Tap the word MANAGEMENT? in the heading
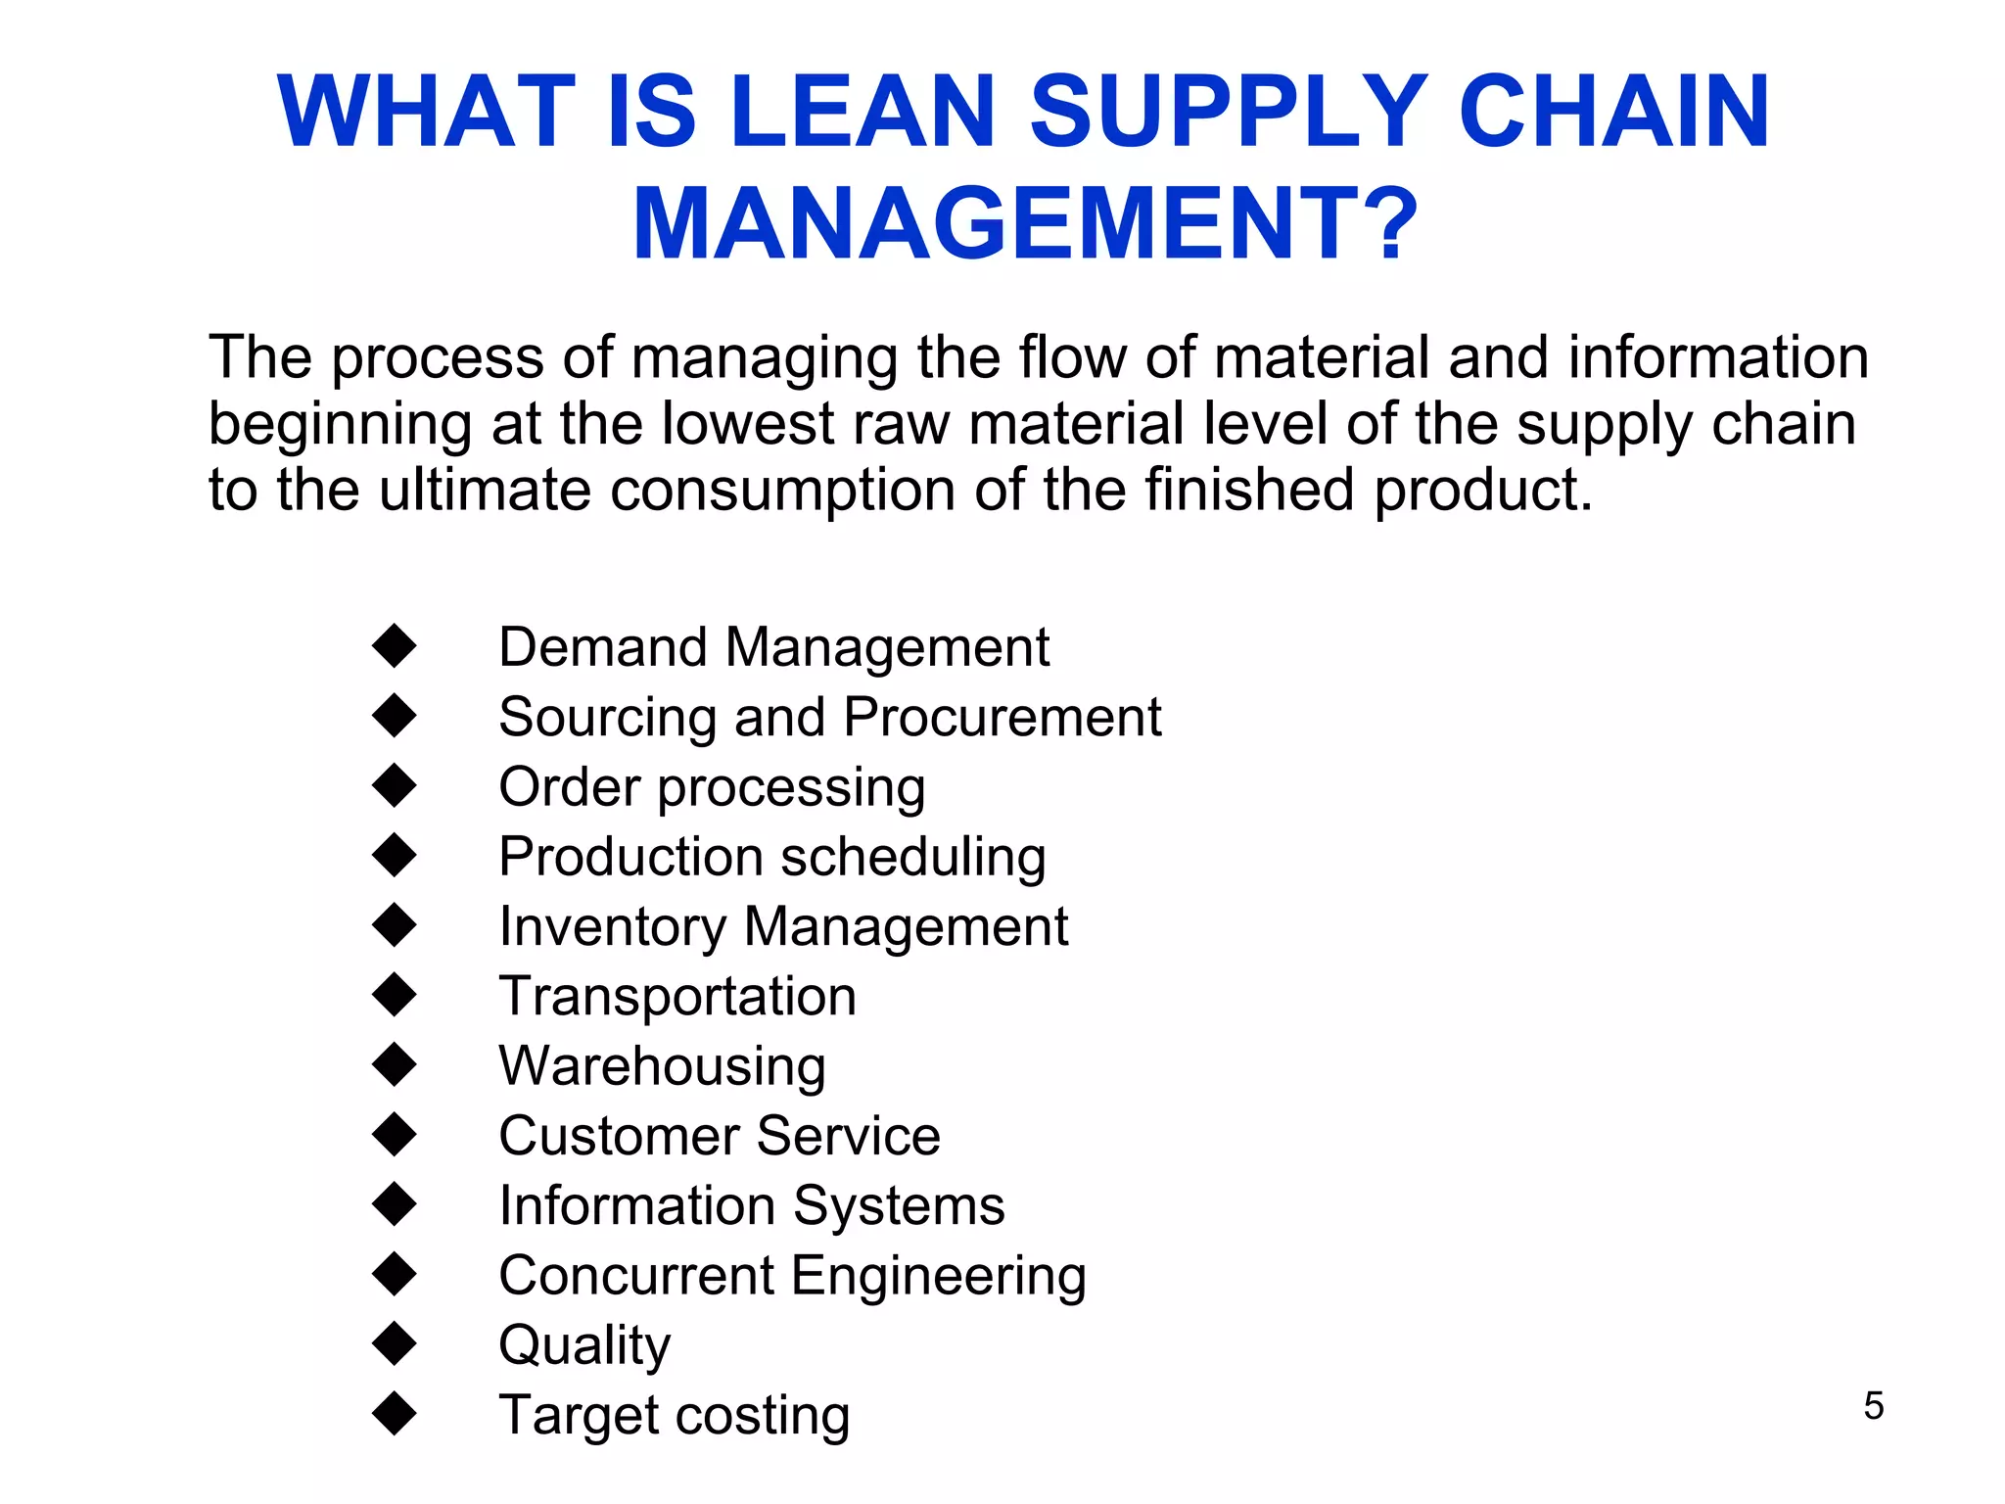(x=1025, y=224)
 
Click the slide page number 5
(x=1873, y=1406)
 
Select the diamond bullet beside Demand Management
(x=395, y=646)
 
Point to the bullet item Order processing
(x=712, y=787)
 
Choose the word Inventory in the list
(x=612, y=926)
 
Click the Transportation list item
(x=677, y=997)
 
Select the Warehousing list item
(x=662, y=1066)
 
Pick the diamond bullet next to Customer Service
(x=395, y=1135)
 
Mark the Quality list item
(x=584, y=1345)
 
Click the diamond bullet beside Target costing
(x=395, y=1413)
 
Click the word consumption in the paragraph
(x=782, y=490)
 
